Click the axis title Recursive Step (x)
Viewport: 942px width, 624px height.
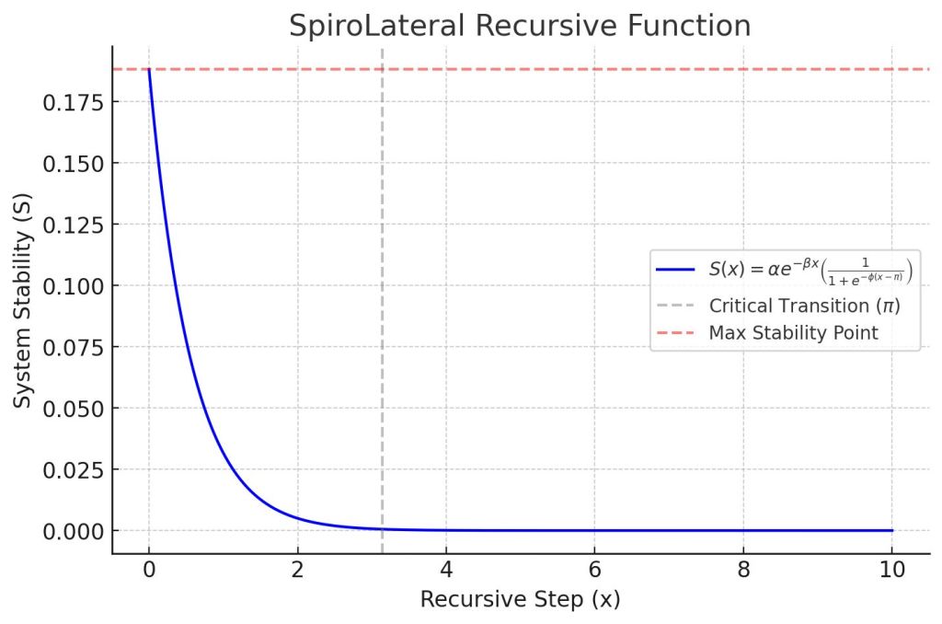click(x=520, y=600)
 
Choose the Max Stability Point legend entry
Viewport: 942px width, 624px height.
click(x=793, y=332)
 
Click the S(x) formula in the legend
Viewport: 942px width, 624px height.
click(x=810, y=270)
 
